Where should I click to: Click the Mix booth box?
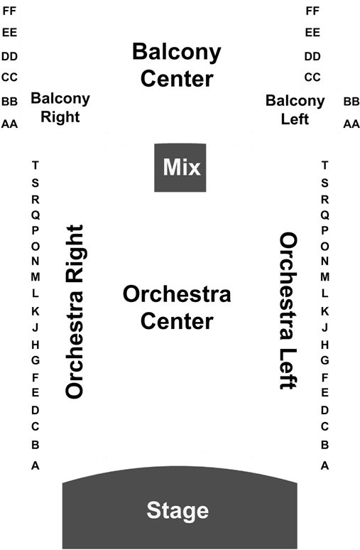[180, 168]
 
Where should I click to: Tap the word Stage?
[178, 511]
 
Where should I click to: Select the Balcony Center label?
[177, 65]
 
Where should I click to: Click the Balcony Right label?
[60, 107]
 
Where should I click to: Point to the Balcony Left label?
[295, 109]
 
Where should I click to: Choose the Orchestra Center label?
[177, 308]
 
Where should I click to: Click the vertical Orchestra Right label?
[75, 311]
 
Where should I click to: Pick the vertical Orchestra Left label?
[288, 311]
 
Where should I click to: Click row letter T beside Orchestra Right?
[35, 165]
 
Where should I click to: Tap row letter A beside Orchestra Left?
[324, 465]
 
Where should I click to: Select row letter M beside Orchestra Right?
[35, 276]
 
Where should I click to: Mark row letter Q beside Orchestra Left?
[324, 215]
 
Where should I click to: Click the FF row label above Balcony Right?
[9, 11]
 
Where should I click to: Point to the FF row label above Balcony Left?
[312, 11]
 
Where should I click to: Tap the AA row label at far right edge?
[351, 124]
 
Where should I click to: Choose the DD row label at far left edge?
[9, 56]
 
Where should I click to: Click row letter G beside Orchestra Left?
[324, 360]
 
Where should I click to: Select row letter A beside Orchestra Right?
[35, 465]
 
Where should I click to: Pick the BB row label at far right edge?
[351, 102]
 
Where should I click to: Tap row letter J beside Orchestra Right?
[35, 328]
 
